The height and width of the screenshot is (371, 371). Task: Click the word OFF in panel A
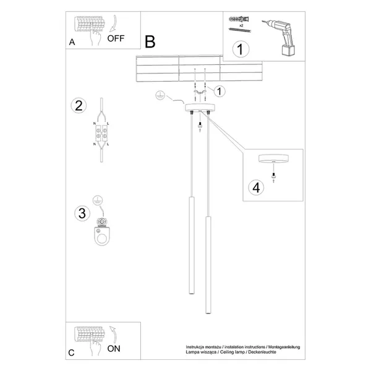116,38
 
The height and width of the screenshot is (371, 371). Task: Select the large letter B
150,41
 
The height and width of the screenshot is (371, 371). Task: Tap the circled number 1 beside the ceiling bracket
220,91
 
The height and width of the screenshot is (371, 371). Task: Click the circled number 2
78,105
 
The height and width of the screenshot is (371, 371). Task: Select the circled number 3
80,214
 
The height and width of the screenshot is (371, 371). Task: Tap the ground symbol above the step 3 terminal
96,199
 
